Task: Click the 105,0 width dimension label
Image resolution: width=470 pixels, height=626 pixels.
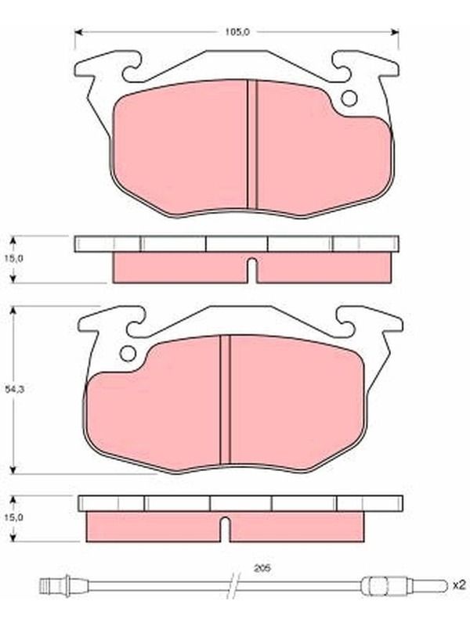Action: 237,32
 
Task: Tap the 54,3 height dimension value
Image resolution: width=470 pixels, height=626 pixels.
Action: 14,389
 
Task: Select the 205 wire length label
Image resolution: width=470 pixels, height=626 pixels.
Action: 262,568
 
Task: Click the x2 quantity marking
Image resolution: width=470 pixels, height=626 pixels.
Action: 459,585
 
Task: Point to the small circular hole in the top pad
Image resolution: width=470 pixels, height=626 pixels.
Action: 349,99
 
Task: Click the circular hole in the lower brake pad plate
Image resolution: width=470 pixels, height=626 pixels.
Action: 128,354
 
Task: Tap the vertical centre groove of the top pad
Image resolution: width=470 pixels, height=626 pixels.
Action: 251,145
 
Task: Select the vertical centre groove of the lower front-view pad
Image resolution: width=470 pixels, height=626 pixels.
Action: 226,400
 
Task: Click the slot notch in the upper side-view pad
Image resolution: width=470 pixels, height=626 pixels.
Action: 251,271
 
